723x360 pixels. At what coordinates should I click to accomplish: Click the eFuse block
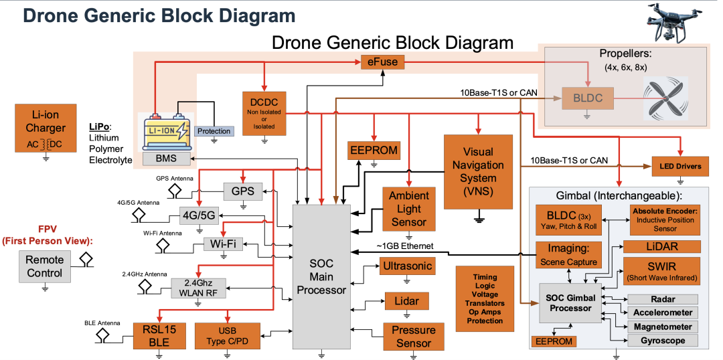coord(382,62)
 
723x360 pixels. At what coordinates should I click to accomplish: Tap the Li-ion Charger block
coord(46,128)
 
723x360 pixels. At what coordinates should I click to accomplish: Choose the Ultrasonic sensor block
coord(407,266)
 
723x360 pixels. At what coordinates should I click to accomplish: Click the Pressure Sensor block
coord(413,337)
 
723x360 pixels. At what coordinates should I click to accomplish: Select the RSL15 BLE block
coord(159,335)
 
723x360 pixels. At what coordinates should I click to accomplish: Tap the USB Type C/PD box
coord(226,335)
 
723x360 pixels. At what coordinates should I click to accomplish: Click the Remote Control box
coord(45,266)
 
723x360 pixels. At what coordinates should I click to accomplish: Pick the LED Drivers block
coord(680,166)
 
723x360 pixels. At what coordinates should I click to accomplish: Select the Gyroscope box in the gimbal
coord(661,341)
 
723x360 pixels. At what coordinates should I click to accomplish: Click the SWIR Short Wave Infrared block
coord(661,270)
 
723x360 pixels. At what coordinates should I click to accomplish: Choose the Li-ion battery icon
coord(164,130)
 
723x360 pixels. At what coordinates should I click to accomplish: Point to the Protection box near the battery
coord(214,131)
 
